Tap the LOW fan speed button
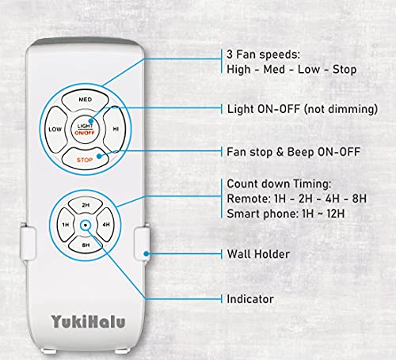coord(55,128)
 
